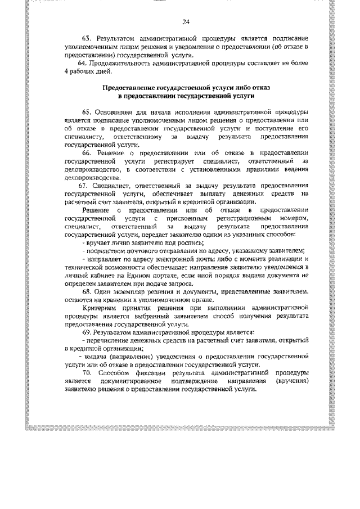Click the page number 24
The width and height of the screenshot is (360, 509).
click(186, 22)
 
